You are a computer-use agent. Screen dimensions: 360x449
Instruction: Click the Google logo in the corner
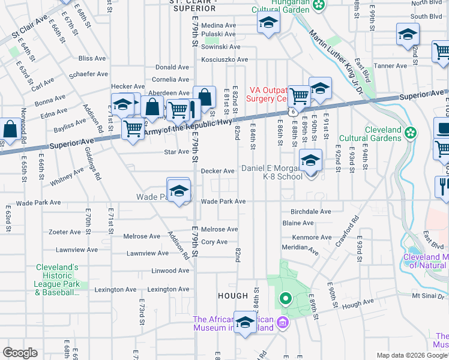click(x=20, y=353)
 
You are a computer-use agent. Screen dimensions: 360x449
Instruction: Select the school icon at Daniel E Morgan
click(x=310, y=161)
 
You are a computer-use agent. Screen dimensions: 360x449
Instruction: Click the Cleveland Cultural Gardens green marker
click(x=411, y=132)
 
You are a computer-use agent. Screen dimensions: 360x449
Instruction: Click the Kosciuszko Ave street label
click(x=224, y=59)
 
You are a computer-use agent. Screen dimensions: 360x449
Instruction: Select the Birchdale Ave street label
click(x=310, y=212)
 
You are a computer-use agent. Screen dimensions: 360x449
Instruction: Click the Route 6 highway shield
click(x=291, y=112)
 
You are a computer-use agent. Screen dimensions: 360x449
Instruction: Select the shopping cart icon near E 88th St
click(x=298, y=95)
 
